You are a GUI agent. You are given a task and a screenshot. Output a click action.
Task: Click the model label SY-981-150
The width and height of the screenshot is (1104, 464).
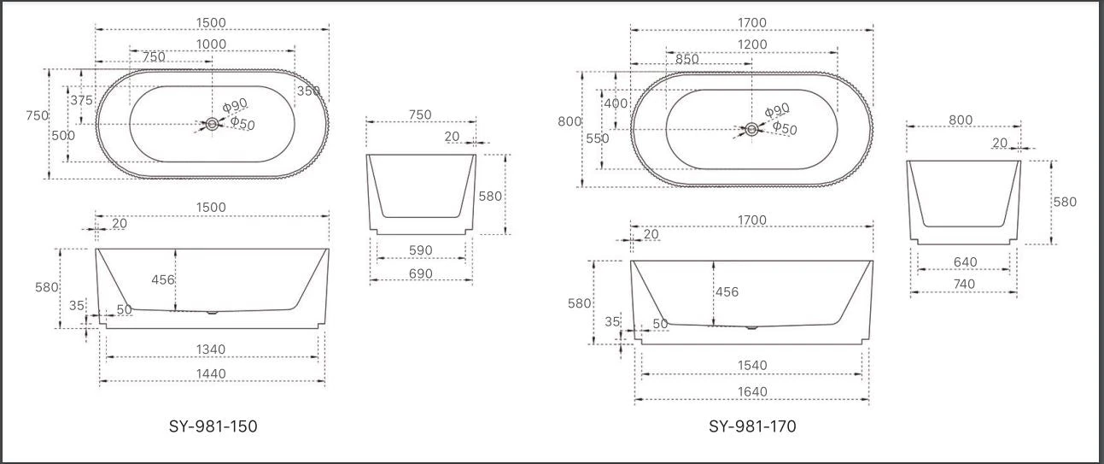click(213, 426)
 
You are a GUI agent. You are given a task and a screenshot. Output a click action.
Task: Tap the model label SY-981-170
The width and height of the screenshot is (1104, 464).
click(752, 426)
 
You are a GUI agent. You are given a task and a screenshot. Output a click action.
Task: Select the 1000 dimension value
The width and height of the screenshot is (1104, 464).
click(211, 44)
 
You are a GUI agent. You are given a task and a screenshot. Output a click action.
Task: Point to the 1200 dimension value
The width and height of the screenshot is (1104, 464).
click(752, 44)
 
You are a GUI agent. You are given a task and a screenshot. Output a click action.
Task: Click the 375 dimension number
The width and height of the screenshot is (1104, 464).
click(81, 101)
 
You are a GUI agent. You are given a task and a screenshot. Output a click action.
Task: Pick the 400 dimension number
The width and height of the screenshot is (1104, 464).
click(616, 103)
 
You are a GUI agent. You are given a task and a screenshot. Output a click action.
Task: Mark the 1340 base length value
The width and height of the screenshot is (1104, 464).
click(210, 349)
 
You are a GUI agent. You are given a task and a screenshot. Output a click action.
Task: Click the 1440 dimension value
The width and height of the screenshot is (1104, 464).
click(211, 373)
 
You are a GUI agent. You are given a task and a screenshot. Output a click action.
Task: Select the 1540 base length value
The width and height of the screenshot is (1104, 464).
click(752, 366)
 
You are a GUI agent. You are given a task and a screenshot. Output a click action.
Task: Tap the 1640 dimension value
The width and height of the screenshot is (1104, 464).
click(752, 392)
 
